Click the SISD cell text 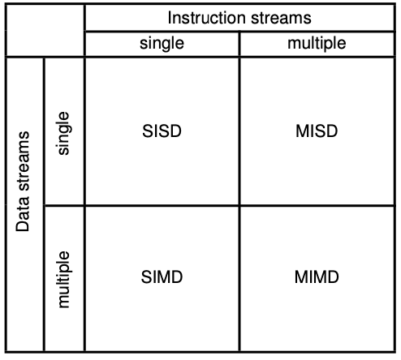162,131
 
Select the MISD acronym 317,131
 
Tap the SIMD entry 162,277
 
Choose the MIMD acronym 317,277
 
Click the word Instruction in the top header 207,18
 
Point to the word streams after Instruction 281,19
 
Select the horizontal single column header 162,44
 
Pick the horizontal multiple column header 317,44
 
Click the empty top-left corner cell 45,31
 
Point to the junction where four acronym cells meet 239,206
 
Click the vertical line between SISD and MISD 239,131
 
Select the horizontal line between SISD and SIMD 162,206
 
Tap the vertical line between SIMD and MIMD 239,279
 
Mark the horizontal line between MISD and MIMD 317,206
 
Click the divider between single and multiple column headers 239,44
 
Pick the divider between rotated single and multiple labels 64,206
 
